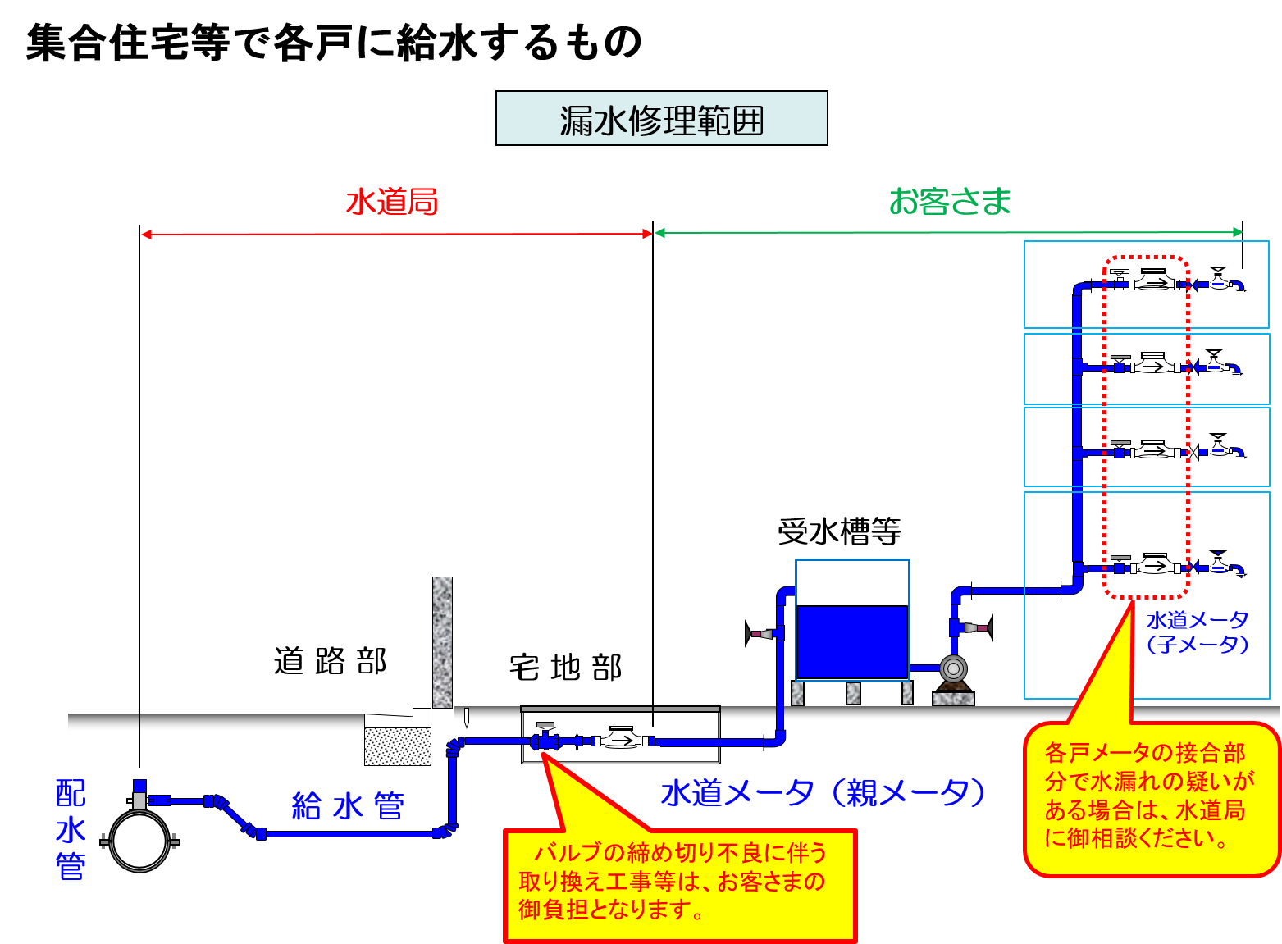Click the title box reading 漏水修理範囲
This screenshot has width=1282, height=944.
[661, 119]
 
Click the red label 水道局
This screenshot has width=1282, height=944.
[392, 202]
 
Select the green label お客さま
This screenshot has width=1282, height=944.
[950, 202]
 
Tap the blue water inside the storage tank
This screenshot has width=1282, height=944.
[852, 642]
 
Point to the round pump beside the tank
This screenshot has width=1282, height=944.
[953, 669]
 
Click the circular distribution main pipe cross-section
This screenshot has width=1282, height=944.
[139, 841]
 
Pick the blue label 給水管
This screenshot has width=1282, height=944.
[349, 806]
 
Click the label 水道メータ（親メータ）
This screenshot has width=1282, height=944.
[823, 793]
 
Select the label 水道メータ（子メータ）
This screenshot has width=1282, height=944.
[1198, 632]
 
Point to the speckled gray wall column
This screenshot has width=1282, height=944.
[442, 642]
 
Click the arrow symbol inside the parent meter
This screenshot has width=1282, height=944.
[623, 741]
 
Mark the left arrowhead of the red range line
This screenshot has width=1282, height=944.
[146, 235]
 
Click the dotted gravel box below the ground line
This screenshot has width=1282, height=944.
[398, 746]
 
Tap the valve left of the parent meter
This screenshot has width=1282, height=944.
[545, 740]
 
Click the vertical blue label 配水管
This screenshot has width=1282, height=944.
[71, 830]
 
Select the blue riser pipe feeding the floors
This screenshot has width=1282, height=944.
[1077, 426]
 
